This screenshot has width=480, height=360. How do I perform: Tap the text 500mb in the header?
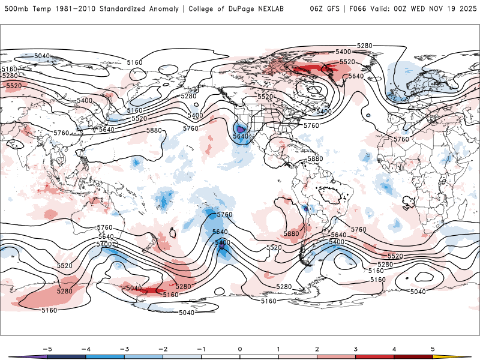tap(15, 9)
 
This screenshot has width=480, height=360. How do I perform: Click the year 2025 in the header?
tap(466, 9)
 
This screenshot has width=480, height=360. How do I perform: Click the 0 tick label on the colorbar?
tap(239, 348)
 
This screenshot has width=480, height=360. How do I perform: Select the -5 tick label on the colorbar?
tap(46, 348)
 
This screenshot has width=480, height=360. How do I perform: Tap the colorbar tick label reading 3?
tap(355, 348)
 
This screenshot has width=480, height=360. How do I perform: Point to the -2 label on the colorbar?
tap(162, 348)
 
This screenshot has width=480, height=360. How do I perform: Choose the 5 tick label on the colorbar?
tap(433, 348)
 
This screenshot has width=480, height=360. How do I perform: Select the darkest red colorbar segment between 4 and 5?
tap(413, 356)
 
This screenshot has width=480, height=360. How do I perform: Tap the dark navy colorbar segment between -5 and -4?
tap(66, 356)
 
